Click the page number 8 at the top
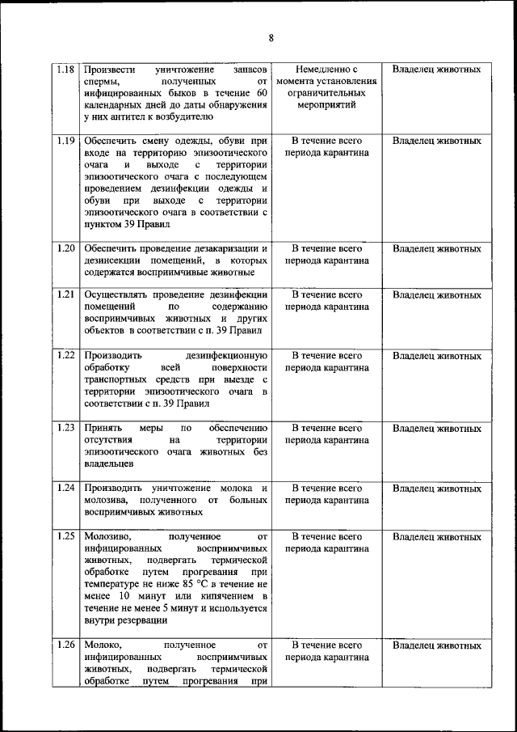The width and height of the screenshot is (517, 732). [271, 38]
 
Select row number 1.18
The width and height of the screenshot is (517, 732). [66, 70]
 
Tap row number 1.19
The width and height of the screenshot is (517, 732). [66, 141]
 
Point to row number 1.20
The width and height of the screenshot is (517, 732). [66, 248]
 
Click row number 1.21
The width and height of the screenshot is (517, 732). [66, 295]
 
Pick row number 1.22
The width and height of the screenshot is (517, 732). [66, 355]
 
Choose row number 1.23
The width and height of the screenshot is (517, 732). [66, 428]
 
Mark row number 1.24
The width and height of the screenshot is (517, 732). [66, 488]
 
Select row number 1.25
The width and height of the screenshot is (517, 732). [66, 536]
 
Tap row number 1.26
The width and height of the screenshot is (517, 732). [66, 645]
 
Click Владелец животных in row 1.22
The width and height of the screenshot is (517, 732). [436, 355]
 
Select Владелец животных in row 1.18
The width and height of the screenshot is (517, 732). [436, 70]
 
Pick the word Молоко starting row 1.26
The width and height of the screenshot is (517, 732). [101, 645]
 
